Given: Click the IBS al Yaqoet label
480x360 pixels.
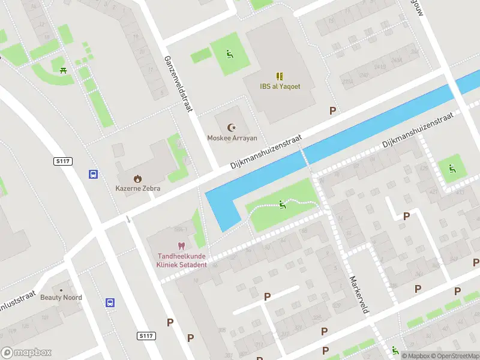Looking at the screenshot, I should (x=280, y=86).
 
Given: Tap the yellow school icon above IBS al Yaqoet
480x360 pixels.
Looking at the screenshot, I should (x=280, y=76).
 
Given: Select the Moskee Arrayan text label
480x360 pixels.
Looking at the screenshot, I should (x=232, y=138).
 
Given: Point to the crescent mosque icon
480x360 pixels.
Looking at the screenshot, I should (x=232, y=127).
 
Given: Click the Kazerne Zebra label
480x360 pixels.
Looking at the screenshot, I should (x=138, y=188).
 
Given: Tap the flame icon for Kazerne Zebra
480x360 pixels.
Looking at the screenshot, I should (x=138, y=178).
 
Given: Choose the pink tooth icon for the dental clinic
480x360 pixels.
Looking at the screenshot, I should (x=181, y=246).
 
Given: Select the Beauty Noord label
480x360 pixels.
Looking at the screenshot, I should (x=61, y=298).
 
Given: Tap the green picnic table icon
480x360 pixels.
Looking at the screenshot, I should (x=63, y=70).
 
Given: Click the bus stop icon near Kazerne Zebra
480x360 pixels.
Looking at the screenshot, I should (x=94, y=174).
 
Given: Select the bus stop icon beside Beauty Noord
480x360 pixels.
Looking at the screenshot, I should (x=110, y=303).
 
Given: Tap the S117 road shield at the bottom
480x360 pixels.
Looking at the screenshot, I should (x=146, y=336).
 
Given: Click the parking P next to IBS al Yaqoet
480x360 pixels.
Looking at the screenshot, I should (x=332, y=110).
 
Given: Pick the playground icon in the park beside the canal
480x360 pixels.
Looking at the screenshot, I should (x=283, y=205).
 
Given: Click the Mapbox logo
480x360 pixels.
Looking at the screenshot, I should (x=26, y=353).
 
